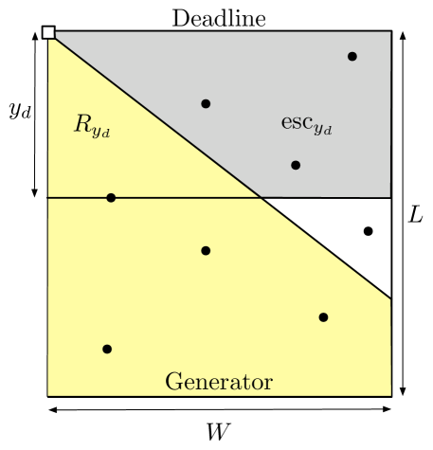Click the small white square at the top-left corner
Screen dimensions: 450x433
pyautogui.click(x=48, y=33)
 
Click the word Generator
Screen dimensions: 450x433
pyautogui.click(x=219, y=382)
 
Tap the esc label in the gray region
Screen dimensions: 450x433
pyautogui.click(x=306, y=123)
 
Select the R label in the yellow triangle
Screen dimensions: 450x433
pyautogui.click(x=92, y=125)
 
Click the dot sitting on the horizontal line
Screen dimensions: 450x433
pyautogui.click(x=111, y=198)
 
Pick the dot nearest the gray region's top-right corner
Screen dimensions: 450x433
pyautogui.click(x=352, y=57)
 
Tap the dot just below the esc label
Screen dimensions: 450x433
pyautogui.click(x=296, y=165)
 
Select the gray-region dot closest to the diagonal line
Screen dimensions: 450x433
pyautogui.click(x=206, y=103)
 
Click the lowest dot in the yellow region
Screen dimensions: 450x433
pyautogui.click(x=107, y=349)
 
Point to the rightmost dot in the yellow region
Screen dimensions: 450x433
pyautogui.click(x=323, y=317)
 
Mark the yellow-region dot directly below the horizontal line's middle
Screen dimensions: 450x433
pyautogui.click(x=206, y=251)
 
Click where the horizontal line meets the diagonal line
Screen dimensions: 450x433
pyautogui.click(x=261, y=197)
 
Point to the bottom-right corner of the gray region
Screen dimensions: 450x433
pyautogui.click(x=390, y=197)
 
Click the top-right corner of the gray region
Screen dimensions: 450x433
pyautogui.click(x=390, y=31)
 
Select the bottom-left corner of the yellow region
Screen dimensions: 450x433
pyautogui.click(x=47, y=395)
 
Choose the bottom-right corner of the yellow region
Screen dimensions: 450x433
pyautogui.click(x=390, y=395)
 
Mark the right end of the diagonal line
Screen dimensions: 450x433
pyautogui.click(x=390, y=299)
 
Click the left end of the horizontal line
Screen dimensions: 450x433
pyautogui.click(x=47, y=197)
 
